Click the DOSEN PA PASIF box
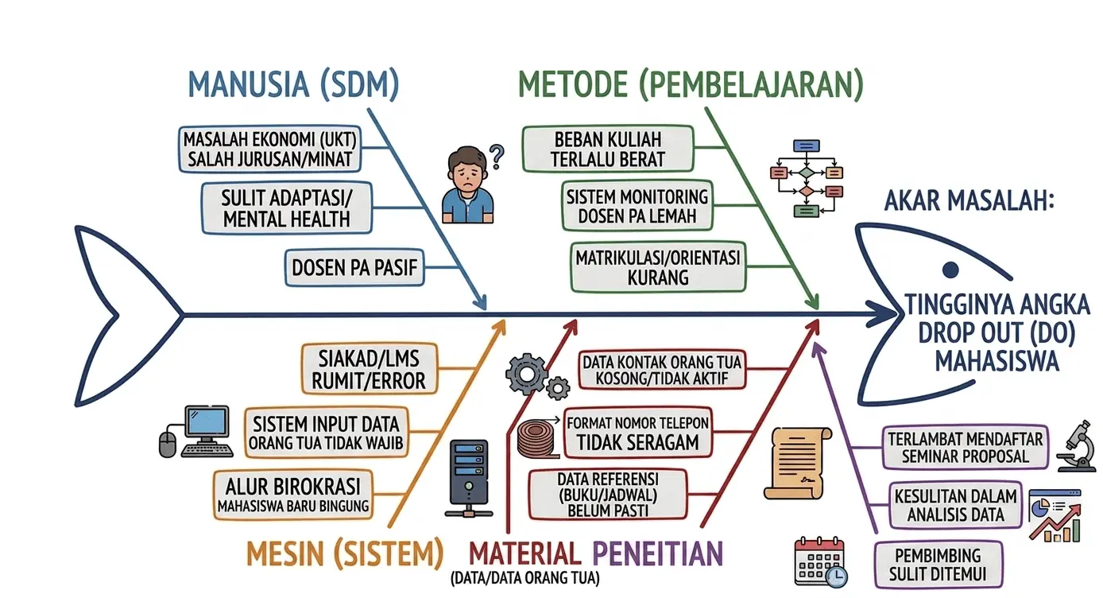click(354, 269)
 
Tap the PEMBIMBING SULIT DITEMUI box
click(938, 565)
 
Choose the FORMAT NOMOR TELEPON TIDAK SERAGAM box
click(637, 431)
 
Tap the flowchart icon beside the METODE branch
click(807, 179)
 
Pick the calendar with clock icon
click(819, 562)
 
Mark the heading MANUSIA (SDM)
click(293, 84)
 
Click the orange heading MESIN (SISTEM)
click(345, 553)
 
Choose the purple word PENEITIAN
click(658, 553)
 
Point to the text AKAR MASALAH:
click(969, 200)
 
